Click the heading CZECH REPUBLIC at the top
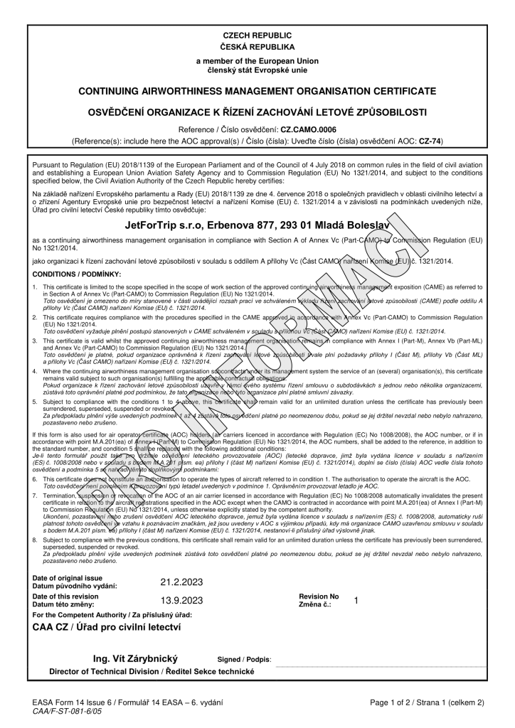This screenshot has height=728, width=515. tap(257, 35)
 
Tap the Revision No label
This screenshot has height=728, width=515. tap(319, 596)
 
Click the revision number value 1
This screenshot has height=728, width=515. tap(356, 600)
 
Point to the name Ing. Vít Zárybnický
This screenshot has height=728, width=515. tap(139, 659)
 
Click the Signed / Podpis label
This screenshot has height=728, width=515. tap(244, 660)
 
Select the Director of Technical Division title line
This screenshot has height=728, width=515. tap(151, 671)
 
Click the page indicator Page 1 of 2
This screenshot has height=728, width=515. tap(400, 702)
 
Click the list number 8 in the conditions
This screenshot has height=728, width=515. tap(35, 540)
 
